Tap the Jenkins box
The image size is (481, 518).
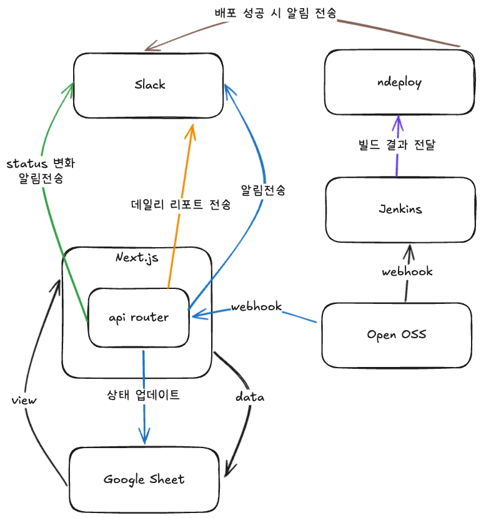point(400,209)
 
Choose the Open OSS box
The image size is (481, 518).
point(397,335)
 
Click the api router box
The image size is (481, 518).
point(138,318)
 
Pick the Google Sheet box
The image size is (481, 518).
point(144,479)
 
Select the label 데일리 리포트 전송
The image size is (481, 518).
point(181,205)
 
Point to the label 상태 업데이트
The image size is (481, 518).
point(144,394)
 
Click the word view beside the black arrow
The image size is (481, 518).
point(24,400)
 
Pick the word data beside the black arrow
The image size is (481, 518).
point(249,397)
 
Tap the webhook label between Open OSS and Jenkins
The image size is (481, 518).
point(407,271)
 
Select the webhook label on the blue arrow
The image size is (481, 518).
point(255,307)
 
